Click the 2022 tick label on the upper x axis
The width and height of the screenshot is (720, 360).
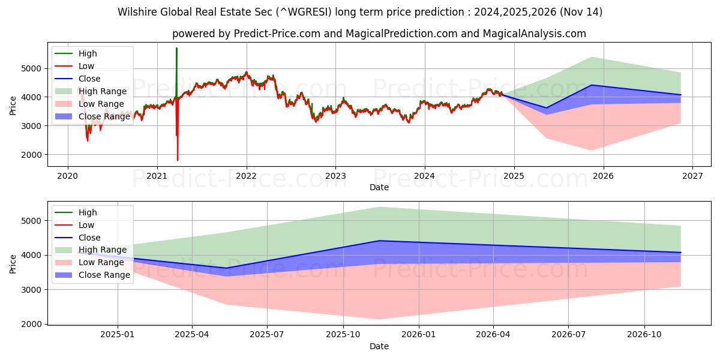[246, 176]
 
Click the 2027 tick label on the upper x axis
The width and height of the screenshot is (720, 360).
[692, 176]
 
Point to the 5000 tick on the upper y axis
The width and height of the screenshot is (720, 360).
[34, 68]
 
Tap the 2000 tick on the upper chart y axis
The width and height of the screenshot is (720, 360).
[34, 155]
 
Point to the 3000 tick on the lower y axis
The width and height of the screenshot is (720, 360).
[34, 290]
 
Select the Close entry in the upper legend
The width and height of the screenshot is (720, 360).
[89, 79]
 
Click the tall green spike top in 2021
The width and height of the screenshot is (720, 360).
[176, 48]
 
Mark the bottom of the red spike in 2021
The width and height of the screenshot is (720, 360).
[178, 160]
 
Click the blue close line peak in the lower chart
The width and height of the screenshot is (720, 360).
[379, 241]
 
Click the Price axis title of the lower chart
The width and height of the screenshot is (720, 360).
[13, 263]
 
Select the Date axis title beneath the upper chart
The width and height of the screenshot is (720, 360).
[379, 187]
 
